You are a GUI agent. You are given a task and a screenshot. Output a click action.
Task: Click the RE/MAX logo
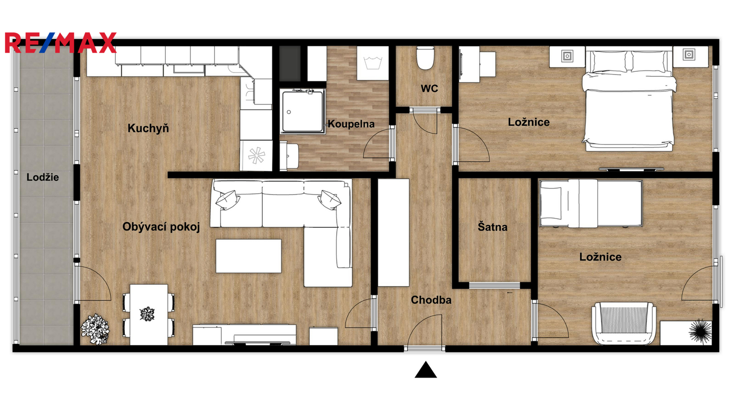(x=61, y=43)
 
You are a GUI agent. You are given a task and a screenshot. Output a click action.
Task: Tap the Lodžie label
(x=43, y=178)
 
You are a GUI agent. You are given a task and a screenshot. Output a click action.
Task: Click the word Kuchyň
(x=148, y=128)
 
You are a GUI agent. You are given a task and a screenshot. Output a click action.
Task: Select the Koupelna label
(x=351, y=124)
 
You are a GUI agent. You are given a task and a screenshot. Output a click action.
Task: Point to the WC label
(x=430, y=88)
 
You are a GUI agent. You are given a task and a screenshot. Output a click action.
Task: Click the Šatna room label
(x=492, y=227)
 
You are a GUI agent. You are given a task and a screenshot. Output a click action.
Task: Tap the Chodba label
(x=431, y=300)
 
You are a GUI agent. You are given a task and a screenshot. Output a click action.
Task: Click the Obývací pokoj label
(x=161, y=227)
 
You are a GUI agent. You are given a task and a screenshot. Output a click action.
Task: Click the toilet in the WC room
(x=425, y=58)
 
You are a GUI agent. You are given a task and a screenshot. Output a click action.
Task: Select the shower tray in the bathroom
(x=303, y=111)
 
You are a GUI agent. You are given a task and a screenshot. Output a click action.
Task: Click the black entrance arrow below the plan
(x=425, y=370)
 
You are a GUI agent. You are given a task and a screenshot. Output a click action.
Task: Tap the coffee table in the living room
(x=249, y=256)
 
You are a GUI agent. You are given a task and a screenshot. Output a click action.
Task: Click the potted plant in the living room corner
(x=96, y=329)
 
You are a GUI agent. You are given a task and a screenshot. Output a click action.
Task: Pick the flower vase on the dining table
(x=147, y=314)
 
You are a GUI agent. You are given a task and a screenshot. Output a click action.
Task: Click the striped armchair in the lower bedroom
(x=624, y=323)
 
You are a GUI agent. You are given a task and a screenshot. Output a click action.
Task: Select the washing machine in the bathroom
(x=373, y=63)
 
